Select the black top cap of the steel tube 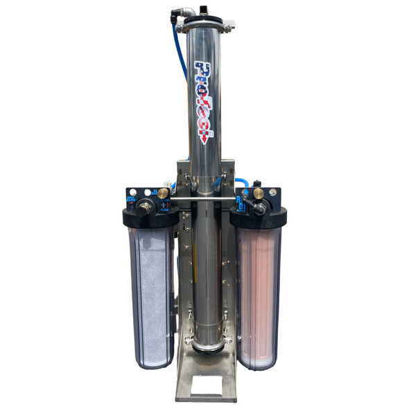tap(204, 21)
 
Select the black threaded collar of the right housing tap(259, 220)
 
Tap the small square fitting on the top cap tap(204, 10)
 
